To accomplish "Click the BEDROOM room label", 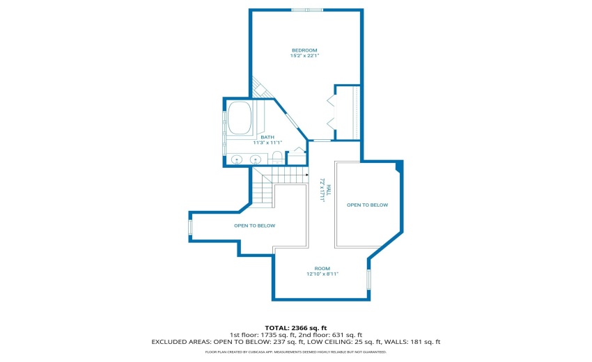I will [304, 50].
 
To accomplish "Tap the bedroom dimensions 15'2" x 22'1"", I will [304, 56].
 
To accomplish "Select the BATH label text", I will [267, 137].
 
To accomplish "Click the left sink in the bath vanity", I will [237, 160].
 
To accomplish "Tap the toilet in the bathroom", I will [276, 157].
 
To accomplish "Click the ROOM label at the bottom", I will [322, 268].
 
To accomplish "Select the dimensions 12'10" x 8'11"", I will [322, 274].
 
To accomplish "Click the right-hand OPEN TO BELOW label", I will [367, 205].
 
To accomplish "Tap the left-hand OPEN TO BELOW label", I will [254, 226].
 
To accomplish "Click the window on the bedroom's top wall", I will [307, 10].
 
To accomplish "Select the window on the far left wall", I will [190, 228].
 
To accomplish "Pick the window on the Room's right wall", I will [368, 278].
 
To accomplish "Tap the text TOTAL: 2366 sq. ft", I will [295, 327].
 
